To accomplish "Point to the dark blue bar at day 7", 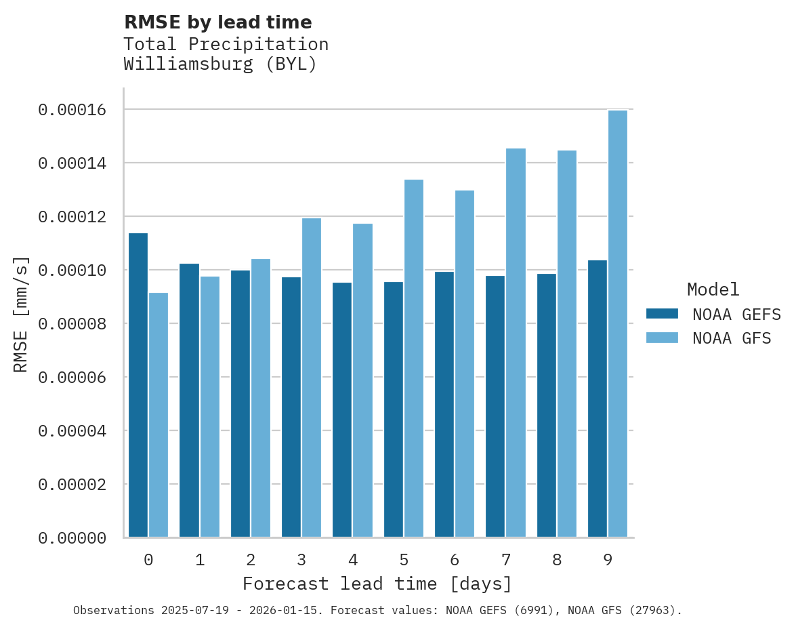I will click(x=495, y=407).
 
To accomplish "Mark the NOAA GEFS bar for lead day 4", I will click(x=342, y=410).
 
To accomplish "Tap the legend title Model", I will click(x=713, y=289).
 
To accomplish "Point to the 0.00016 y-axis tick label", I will click(x=72, y=110).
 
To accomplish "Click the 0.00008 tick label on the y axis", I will click(x=72, y=324).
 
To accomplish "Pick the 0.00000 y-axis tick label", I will click(x=72, y=538).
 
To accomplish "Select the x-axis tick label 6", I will click(x=455, y=561).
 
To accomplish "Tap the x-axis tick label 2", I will click(x=251, y=561).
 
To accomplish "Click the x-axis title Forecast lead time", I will click(x=377, y=584).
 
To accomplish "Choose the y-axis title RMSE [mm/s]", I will click(x=21, y=314).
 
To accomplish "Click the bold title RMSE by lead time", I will click(x=218, y=22).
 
